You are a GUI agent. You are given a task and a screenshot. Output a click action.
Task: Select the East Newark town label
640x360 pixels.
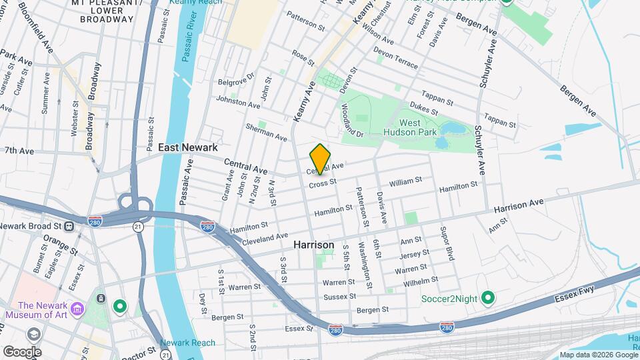[189, 147]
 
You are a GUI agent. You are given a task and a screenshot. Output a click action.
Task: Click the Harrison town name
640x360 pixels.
[313, 245]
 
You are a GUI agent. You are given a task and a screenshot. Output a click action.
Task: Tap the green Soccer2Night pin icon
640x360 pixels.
[487, 297]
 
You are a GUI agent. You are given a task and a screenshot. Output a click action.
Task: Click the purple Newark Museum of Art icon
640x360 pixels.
[78, 309]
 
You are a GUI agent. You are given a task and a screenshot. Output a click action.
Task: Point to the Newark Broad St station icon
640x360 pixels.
[69, 225]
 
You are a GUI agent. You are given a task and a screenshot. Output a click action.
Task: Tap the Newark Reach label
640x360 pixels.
[193, 343]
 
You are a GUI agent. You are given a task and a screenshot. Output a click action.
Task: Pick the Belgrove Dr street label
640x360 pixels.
[237, 79]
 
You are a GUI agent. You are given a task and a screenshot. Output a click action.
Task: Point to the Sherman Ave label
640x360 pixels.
[266, 132]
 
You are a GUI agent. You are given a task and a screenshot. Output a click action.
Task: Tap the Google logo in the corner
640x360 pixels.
[21, 351]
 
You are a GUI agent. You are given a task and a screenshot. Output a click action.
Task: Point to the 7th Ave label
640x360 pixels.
[19, 151]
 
